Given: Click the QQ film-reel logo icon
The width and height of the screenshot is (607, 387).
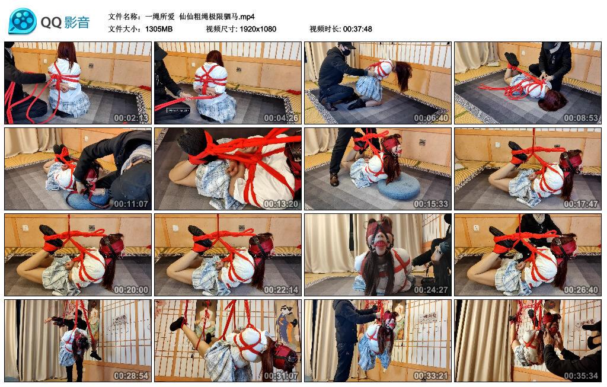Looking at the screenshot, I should tap(23, 22).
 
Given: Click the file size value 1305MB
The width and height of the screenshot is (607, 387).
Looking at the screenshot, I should tap(159, 28).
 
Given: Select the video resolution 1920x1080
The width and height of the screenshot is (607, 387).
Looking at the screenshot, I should tap(258, 28).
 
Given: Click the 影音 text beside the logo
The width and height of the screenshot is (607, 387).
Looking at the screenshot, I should tap(75, 23).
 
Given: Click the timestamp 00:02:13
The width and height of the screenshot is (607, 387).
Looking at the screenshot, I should tap(132, 117).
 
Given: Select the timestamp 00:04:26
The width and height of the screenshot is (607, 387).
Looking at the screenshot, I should tap(282, 117).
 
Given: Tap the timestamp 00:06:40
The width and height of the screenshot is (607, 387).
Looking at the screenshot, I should tap(432, 117).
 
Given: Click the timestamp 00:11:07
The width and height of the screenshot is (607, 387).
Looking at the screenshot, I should tap(132, 203).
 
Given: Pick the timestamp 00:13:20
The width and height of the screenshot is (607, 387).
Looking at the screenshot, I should tap(282, 203).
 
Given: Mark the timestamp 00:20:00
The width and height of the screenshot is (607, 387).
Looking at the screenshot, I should tap(132, 289).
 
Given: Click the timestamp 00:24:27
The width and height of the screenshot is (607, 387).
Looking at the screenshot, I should tap(432, 289).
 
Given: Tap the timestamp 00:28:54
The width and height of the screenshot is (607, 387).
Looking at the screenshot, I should tap(132, 375).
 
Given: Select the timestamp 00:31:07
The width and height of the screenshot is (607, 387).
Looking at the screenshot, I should tap(282, 375).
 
